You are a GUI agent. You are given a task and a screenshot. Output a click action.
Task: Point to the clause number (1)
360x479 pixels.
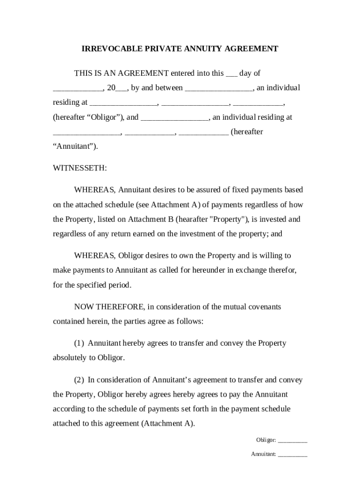(x=79, y=343)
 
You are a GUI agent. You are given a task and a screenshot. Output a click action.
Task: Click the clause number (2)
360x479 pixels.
(x=79, y=380)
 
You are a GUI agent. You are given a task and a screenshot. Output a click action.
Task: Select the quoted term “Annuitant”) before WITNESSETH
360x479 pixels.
(x=75, y=146)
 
